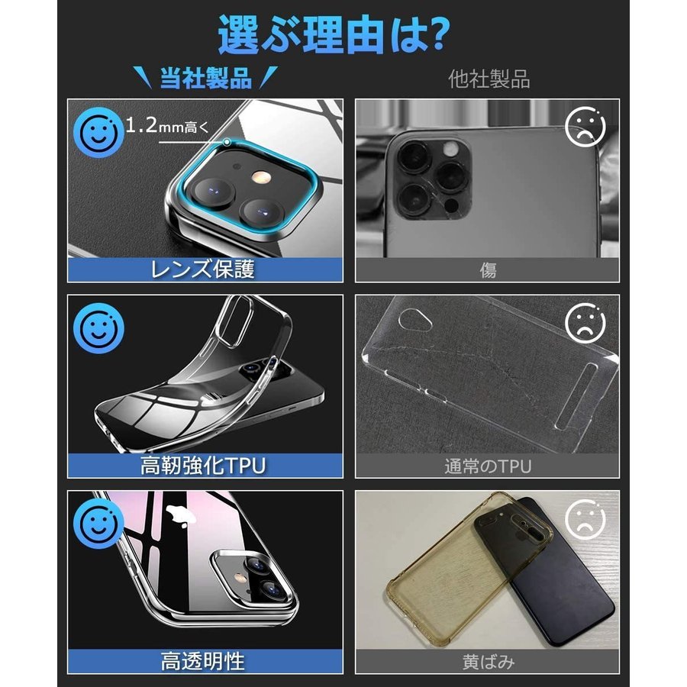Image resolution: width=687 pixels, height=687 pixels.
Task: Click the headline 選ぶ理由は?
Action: [x=334, y=34]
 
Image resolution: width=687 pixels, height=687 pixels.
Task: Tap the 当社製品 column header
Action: [x=205, y=79]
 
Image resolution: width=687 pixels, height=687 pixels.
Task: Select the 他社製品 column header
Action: [x=489, y=79]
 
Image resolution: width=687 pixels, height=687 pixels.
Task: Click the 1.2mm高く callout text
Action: [x=167, y=126]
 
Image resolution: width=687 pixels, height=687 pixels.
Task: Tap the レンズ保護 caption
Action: [x=203, y=269]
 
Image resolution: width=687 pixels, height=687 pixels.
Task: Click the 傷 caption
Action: [x=488, y=270]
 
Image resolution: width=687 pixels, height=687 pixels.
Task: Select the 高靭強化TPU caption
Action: [x=203, y=466]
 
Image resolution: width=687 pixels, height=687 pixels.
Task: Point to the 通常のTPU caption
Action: [x=488, y=466]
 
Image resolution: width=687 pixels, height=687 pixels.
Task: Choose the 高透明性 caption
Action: [x=203, y=662]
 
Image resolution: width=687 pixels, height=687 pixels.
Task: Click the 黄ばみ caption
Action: [x=488, y=662]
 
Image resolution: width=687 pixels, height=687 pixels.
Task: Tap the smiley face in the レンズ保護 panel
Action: [x=98, y=133]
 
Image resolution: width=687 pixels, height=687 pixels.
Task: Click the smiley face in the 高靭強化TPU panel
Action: [x=98, y=328]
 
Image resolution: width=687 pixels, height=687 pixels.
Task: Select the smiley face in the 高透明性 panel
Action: [x=98, y=524]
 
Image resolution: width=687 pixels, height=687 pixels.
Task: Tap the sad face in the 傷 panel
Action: [x=585, y=127]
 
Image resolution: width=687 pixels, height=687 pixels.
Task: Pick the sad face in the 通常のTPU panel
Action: [x=585, y=323]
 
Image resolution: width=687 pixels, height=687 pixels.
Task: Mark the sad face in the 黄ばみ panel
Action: [x=585, y=519]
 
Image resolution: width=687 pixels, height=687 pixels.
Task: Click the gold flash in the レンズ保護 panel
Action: [x=260, y=178]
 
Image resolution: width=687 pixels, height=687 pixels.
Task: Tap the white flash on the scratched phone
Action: [x=450, y=150]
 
